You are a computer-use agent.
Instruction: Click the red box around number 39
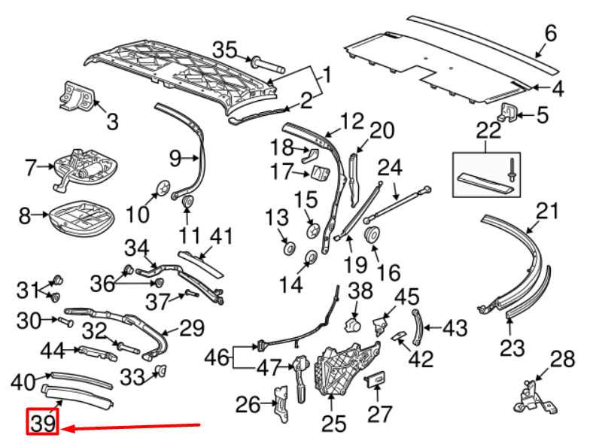(x=43, y=423)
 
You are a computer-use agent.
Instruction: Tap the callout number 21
(x=549, y=211)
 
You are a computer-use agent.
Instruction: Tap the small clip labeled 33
(x=160, y=370)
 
